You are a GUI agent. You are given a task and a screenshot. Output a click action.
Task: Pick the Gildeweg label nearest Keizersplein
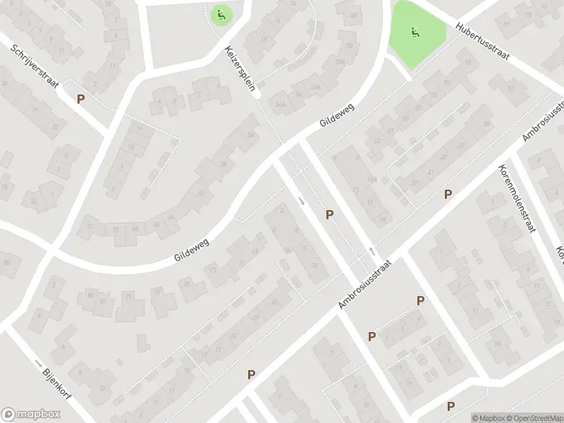336,113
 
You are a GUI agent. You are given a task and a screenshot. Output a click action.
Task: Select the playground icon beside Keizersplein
221,14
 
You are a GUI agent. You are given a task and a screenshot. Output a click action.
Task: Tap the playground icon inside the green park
415,32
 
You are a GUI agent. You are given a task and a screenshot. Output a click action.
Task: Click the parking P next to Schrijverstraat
81,99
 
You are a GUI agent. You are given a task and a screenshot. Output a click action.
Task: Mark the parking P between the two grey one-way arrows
329,214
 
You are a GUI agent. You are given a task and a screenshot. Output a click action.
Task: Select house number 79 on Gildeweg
129,296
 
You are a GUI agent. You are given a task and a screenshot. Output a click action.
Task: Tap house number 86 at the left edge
8,263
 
